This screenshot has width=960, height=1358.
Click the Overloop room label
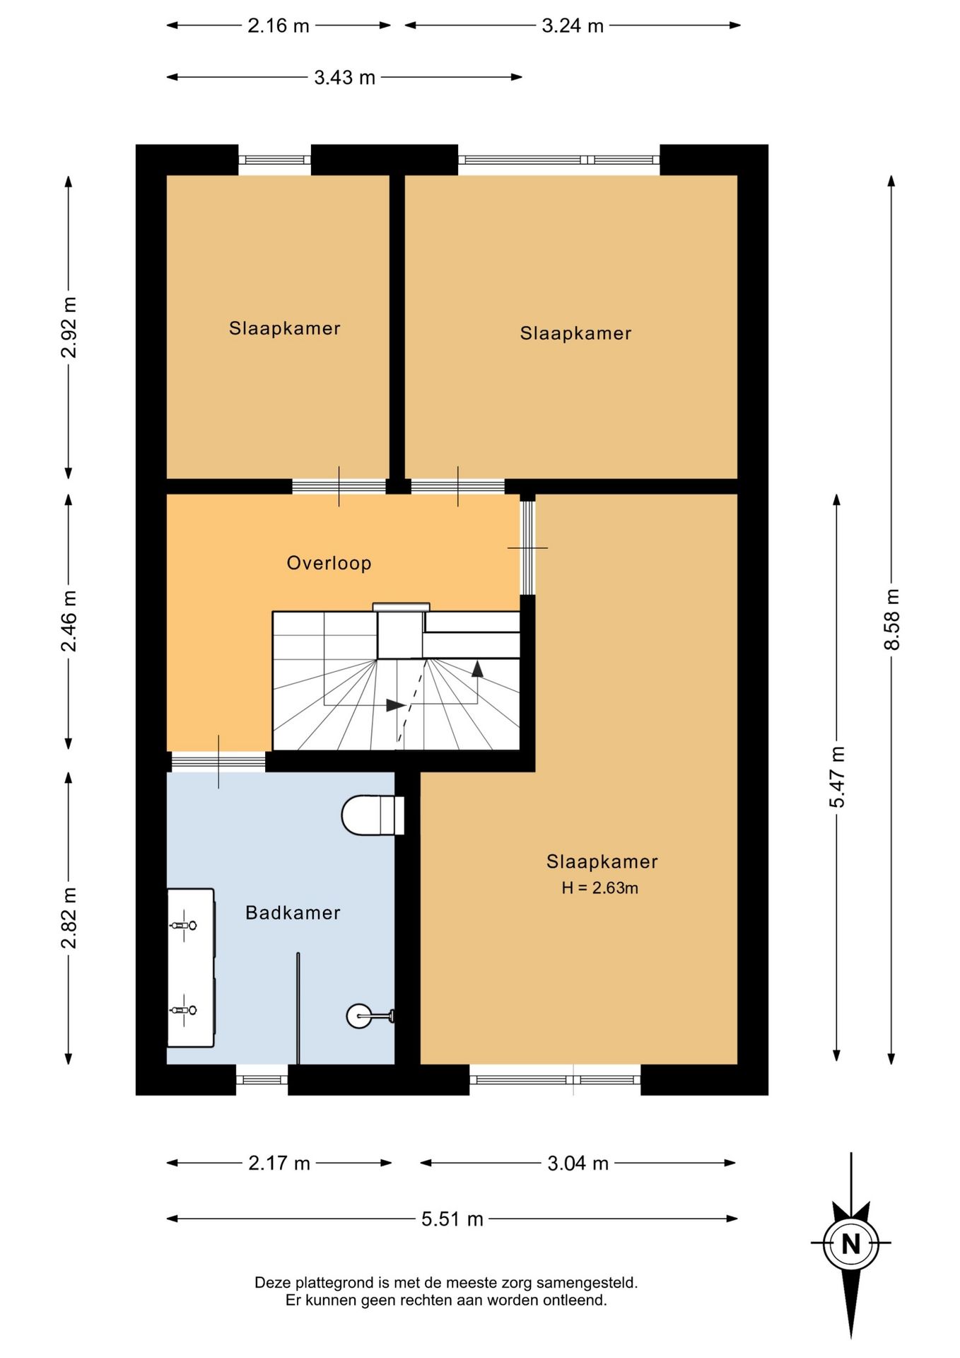pos(329,563)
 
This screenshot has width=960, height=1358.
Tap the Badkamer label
pos(293,912)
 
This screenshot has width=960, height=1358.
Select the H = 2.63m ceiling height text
pos(600,888)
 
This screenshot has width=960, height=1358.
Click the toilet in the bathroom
pos(373,816)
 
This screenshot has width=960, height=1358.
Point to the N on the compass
pos(851,1243)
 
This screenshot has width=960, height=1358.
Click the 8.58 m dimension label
pos(891,619)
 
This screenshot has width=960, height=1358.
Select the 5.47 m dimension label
pos(837,777)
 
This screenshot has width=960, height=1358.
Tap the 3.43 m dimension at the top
pos(344,77)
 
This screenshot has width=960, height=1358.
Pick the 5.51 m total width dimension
pos(452,1219)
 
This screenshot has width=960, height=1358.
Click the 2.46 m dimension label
pos(69,620)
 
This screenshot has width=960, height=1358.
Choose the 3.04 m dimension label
pos(578,1163)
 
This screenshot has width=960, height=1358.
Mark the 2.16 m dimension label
pos(279,25)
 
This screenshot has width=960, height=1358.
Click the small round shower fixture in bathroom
pos(359,1016)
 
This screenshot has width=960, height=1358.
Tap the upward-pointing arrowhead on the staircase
pos(477,668)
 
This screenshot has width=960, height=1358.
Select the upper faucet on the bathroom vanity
pos(183,924)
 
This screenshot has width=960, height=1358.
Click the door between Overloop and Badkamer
pos(218,762)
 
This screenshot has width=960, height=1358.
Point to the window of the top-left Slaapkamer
pos(274,160)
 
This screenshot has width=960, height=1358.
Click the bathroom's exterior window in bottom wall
pos(262,1080)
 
